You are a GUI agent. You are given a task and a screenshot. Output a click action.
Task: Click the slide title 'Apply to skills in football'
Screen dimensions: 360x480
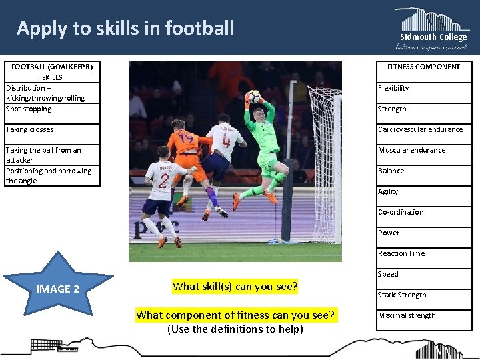point(125,28)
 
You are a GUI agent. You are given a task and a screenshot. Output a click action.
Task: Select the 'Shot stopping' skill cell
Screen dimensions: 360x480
point(52,109)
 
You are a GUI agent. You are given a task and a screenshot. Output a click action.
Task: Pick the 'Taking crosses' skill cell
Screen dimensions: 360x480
point(52,129)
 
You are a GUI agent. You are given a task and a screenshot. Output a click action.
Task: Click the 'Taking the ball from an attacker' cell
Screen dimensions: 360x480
point(52,155)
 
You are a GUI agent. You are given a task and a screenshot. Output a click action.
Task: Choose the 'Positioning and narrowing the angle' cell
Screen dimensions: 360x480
point(52,175)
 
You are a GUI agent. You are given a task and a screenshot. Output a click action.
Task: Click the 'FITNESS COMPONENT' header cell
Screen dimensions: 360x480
point(423,67)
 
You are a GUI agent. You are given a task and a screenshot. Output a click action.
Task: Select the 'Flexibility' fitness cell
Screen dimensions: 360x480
point(423,88)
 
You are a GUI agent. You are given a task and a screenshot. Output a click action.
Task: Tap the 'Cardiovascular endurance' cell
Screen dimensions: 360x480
point(423,129)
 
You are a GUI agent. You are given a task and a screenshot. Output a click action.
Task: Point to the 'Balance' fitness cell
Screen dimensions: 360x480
point(423,171)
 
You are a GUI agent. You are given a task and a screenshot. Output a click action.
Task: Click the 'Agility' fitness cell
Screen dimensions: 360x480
point(423,191)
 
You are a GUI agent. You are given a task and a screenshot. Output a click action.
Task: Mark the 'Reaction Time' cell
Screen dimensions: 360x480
point(423,253)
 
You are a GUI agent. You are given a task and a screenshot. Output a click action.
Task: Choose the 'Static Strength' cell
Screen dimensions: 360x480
point(423,295)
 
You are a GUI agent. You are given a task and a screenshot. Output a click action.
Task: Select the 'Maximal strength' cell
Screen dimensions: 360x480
point(423,315)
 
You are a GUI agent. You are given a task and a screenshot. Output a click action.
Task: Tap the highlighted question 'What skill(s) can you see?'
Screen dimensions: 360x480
point(235,287)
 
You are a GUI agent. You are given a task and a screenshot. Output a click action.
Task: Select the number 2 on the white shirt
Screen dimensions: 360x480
point(163,180)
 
